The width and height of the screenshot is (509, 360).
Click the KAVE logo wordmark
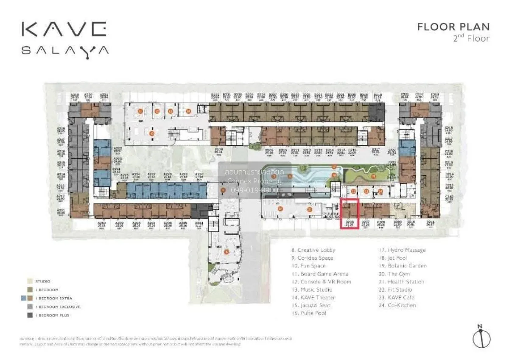[64, 29]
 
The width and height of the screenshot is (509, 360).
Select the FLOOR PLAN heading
[453, 27]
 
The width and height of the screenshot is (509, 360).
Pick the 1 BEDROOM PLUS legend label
[53, 315]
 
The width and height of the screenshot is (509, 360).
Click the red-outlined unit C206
[350, 214]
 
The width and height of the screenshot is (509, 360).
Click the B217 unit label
[376, 150]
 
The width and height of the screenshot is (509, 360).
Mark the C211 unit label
[431, 222]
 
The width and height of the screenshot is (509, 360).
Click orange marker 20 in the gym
[280, 208]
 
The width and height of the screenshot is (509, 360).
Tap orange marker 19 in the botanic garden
[373, 176]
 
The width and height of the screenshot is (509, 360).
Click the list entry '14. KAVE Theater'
[313, 298]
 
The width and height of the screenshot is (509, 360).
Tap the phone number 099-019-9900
[255, 190]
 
